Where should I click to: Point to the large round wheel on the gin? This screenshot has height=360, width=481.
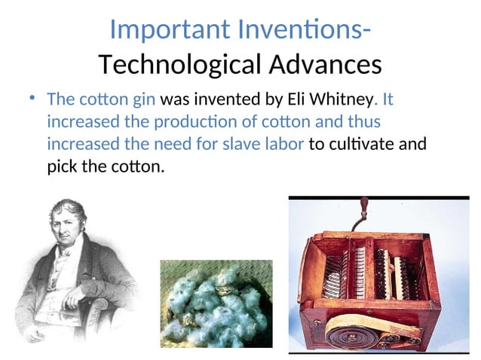[x=355, y=330]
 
